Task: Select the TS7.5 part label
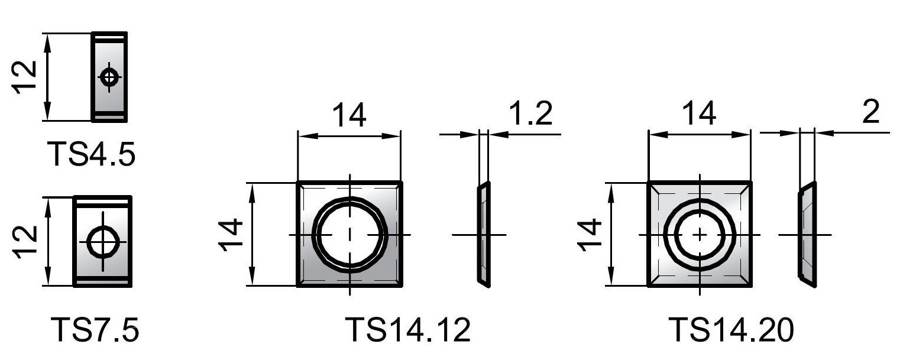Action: click(x=95, y=330)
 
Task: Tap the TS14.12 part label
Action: click(x=408, y=330)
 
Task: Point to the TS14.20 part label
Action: click(x=731, y=330)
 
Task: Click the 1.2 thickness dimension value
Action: click(x=531, y=113)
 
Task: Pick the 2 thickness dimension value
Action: click(x=870, y=111)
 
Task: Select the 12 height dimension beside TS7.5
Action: click(x=25, y=242)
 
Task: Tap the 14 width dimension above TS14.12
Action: click(x=349, y=115)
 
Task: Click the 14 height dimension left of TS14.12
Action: click(x=231, y=235)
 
